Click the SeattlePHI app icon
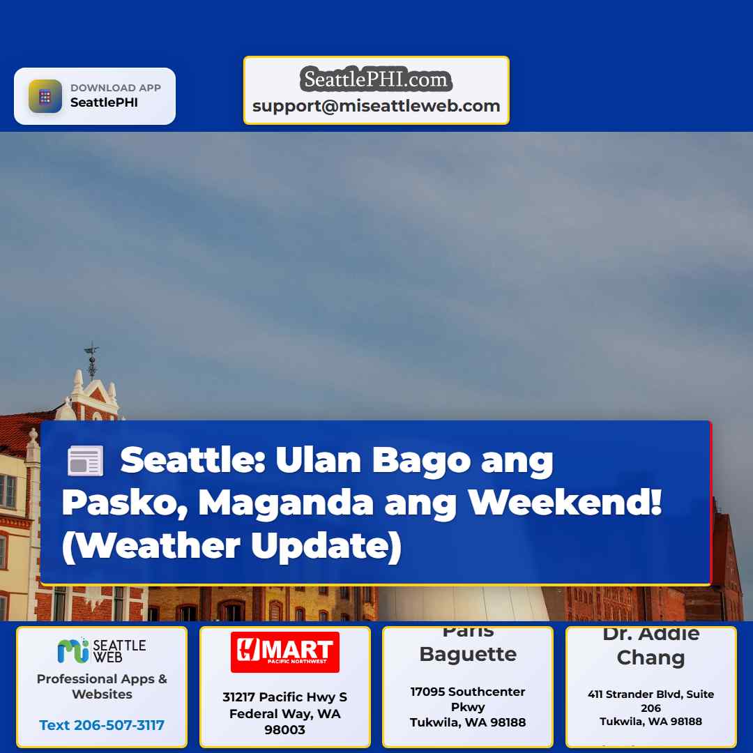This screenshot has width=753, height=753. [x=45, y=96]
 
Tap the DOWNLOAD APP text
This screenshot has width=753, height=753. [x=116, y=88]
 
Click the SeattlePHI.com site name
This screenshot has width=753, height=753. [x=376, y=79]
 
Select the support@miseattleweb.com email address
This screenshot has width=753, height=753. [x=376, y=106]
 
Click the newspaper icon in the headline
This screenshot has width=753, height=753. [x=85, y=462]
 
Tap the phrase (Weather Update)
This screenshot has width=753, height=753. [x=231, y=546]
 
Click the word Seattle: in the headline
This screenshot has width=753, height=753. [x=192, y=460]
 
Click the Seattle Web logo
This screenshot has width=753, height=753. [x=102, y=651]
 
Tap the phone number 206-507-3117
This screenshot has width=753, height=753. [x=102, y=725]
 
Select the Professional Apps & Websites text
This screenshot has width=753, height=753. [x=102, y=686]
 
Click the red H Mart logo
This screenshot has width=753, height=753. [x=285, y=652]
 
